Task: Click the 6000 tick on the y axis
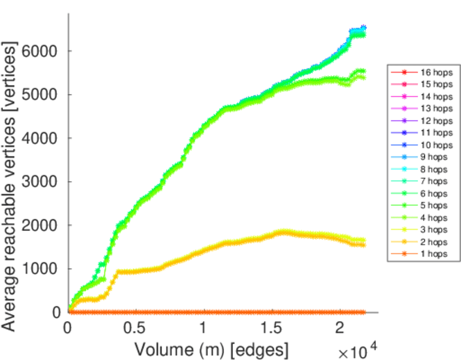[40, 51]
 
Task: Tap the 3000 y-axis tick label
[40, 182]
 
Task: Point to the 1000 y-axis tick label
[40, 269]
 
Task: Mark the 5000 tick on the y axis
[40, 95]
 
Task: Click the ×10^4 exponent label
[357, 350]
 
